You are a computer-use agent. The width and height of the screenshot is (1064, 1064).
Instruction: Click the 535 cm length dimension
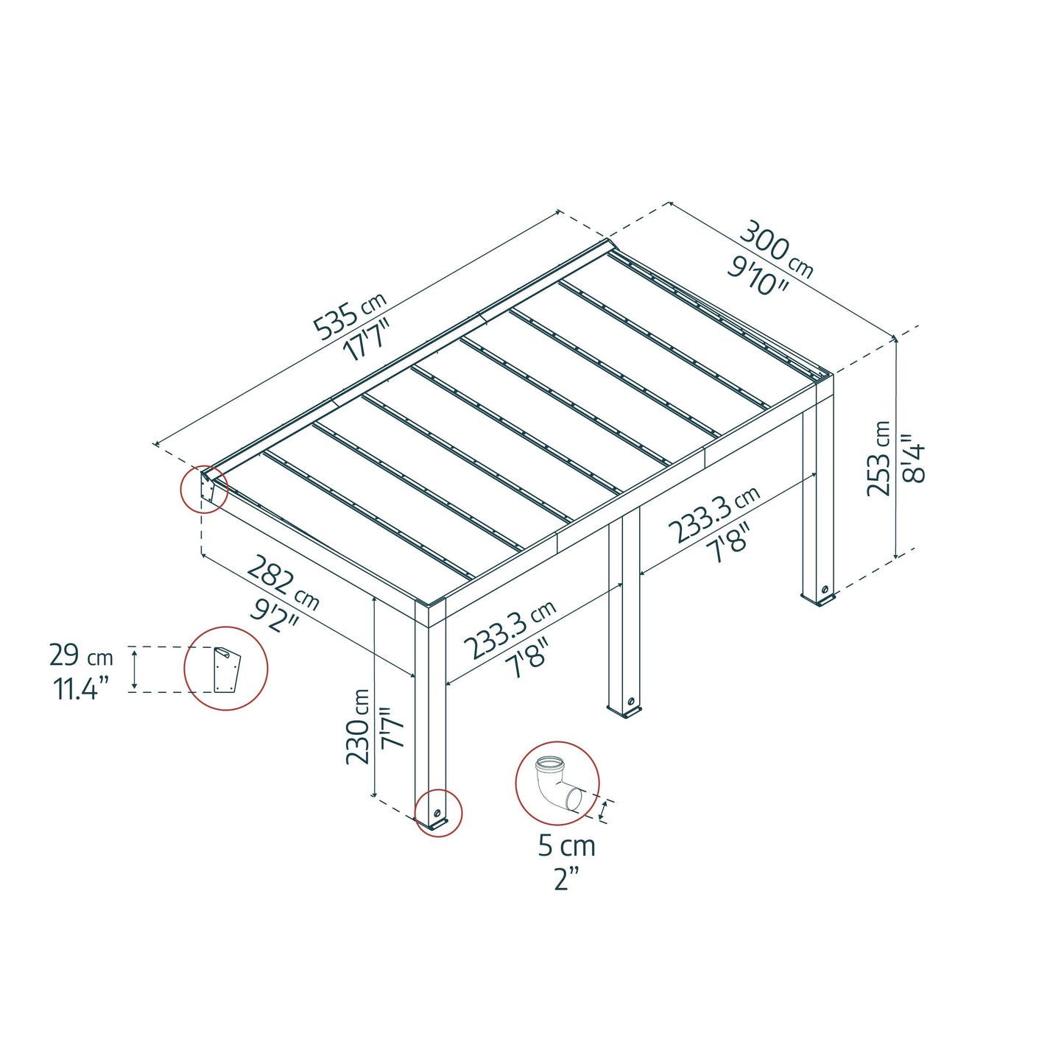pyautogui.click(x=350, y=317)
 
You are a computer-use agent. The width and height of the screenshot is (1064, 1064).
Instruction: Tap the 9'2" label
pyautogui.click(x=274, y=613)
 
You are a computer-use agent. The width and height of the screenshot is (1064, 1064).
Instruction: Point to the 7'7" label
pyautogui.click(x=392, y=727)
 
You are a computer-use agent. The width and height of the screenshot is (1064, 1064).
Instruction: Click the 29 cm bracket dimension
pyautogui.click(x=81, y=655)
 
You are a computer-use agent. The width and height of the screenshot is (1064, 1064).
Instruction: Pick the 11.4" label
pyautogui.click(x=81, y=689)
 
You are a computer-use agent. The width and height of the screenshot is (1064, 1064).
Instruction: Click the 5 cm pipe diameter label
pyautogui.click(x=566, y=845)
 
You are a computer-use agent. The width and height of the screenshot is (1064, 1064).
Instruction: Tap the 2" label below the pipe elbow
pyautogui.click(x=566, y=878)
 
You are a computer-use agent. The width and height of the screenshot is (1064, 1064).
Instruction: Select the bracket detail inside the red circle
pyautogui.click(x=225, y=669)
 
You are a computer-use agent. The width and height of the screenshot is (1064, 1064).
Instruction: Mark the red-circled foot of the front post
pyautogui.click(x=438, y=814)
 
